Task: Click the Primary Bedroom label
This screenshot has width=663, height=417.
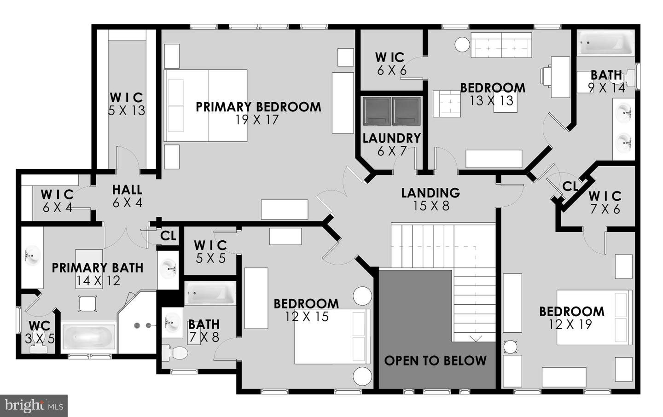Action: pyautogui.click(x=258, y=107)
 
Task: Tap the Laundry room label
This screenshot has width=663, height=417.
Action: pyautogui.click(x=391, y=138)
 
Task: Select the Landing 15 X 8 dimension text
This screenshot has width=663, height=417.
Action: pyautogui.click(x=431, y=206)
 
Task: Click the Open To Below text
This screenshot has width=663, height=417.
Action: pyautogui.click(x=435, y=361)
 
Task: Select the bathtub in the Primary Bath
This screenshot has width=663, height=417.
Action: pyautogui.click(x=88, y=337)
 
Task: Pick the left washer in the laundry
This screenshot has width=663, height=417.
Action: pyautogui.click(x=377, y=111)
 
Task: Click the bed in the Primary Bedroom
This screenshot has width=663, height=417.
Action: pyautogui.click(x=206, y=105)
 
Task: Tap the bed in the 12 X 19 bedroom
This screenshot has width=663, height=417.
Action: pyautogui.click(x=594, y=317)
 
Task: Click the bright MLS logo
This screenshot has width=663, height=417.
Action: pyautogui.click(x=34, y=405)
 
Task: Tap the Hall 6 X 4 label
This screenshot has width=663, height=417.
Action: pyautogui.click(x=127, y=196)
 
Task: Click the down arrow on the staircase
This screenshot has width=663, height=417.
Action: pyautogui.click(x=476, y=339)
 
